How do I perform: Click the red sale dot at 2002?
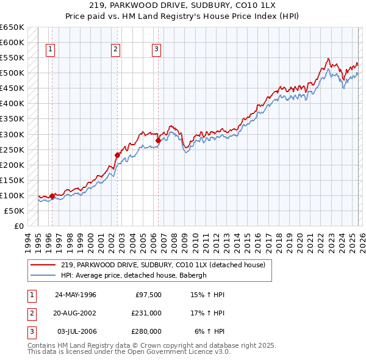(x=118, y=155)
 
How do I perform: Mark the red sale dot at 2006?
(x=158, y=140)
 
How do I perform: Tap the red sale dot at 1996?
(x=52, y=196)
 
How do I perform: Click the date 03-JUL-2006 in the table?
(x=76, y=331)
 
